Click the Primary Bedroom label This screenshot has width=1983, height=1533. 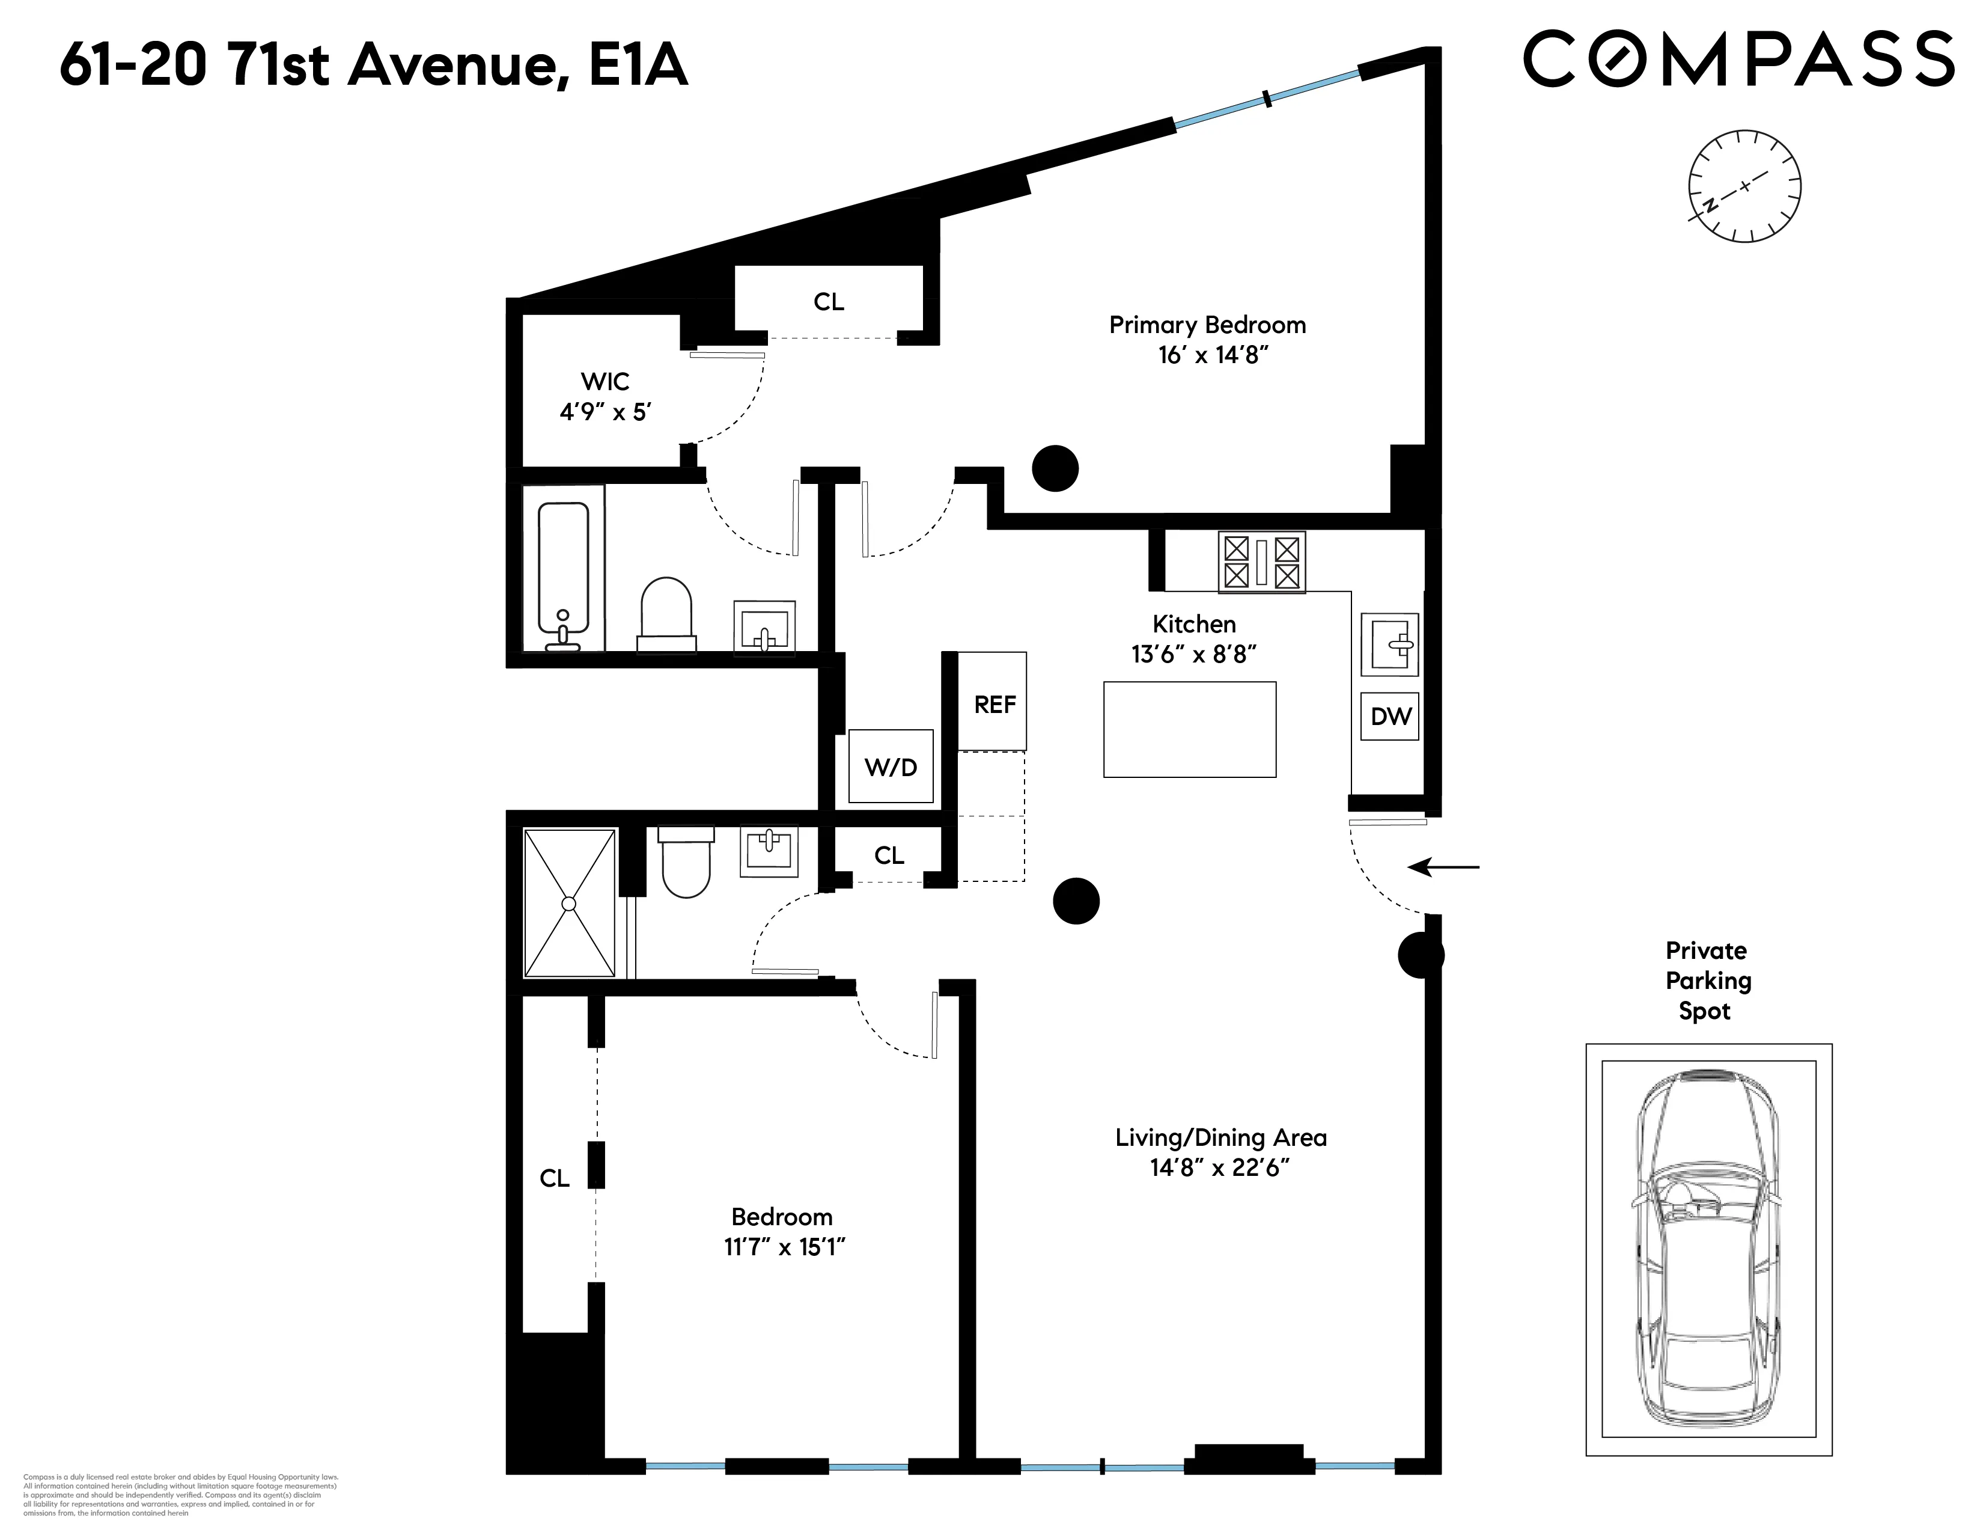tap(1207, 325)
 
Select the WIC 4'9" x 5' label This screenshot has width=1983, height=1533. tap(605, 396)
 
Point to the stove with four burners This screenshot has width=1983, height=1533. tap(1261, 562)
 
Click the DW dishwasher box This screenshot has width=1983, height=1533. tap(1390, 717)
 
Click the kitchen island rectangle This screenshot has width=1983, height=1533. tap(1189, 729)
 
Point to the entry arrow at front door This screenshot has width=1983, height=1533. tap(1443, 867)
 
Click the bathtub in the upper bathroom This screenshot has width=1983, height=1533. tap(563, 567)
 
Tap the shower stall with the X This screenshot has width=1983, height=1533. tap(569, 903)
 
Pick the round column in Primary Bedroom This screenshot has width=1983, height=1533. tap(1055, 469)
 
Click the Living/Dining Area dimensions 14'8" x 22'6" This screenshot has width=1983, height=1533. tap(1220, 1168)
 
